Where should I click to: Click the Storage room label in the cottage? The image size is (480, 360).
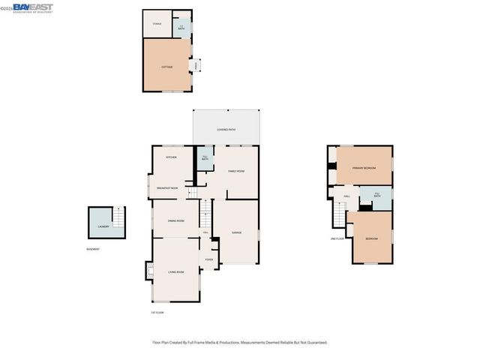[157, 24]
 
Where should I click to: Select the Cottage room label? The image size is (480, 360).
[166, 67]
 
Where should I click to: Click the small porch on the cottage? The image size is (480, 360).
[196, 66]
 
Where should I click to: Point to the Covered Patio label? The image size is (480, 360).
[226, 130]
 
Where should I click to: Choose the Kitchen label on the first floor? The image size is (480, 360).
[171, 157]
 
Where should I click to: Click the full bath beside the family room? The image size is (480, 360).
[205, 157]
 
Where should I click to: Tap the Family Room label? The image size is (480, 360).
[236, 171]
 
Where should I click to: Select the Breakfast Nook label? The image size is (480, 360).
[167, 187]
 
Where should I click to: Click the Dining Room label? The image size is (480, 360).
[175, 220]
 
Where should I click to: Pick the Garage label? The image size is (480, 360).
[236, 233]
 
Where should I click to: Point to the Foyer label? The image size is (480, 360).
[209, 259]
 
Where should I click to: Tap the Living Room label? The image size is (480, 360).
[176, 271]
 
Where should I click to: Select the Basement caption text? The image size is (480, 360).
[92, 249]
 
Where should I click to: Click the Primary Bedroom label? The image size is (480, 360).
[364, 168]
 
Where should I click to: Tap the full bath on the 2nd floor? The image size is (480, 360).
[377, 196]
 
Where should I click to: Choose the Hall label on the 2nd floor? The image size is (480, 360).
[347, 196]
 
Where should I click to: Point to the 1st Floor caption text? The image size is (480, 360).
[157, 312]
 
